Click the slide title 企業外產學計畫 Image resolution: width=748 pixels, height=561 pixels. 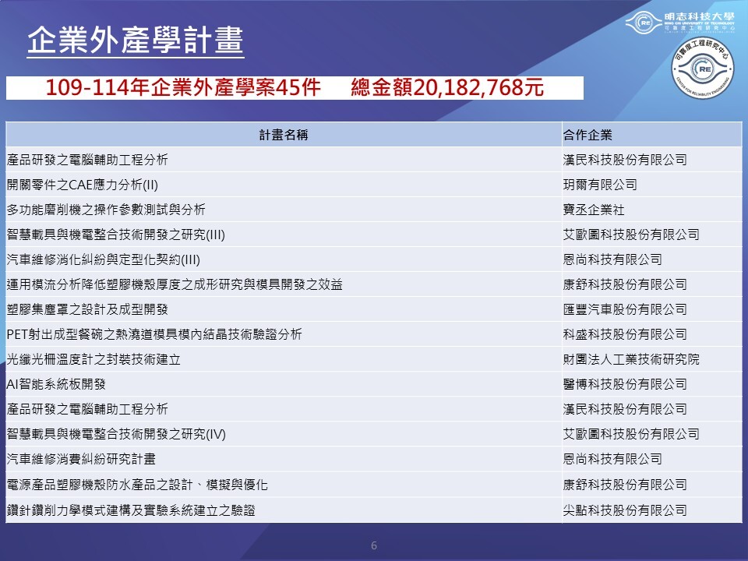pyautogui.click(x=136, y=40)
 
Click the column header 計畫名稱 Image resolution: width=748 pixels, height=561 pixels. pyautogui.click(x=284, y=135)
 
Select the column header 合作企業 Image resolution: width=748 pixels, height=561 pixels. pyautogui.click(x=587, y=135)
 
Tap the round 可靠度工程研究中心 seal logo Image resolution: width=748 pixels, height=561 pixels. pyautogui.click(x=703, y=69)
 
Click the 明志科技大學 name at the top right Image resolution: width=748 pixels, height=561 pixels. pyautogui.click(x=700, y=16)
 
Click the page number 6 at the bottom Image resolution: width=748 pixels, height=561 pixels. pyautogui.click(x=374, y=545)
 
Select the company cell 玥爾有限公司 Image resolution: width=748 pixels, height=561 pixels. pyautogui.click(x=600, y=185)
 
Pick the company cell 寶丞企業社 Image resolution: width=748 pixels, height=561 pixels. pyautogui.click(x=594, y=210)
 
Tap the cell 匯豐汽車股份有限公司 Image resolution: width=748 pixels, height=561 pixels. pyautogui.click(x=625, y=309)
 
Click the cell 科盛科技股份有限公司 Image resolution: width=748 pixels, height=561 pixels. pyautogui.click(x=625, y=334)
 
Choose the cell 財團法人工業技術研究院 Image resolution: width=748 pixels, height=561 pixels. pyautogui.click(x=631, y=359)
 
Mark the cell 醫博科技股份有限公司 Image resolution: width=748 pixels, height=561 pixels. pyautogui.click(x=625, y=384)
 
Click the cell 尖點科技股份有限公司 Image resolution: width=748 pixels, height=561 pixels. pyautogui.click(x=625, y=510)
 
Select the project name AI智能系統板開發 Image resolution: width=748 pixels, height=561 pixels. pyautogui.click(x=56, y=384)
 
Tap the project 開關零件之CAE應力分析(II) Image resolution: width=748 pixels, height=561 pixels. pyautogui.click(x=83, y=185)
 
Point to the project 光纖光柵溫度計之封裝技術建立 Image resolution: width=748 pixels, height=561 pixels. pyautogui.click(x=93, y=359)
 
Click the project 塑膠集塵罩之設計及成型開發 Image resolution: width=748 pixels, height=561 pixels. pyautogui.click(x=87, y=309)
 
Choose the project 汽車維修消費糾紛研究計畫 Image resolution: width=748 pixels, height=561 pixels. pyautogui.click(x=81, y=459)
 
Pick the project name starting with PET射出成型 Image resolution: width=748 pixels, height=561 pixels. pyautogui.click(x=154, y=334)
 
